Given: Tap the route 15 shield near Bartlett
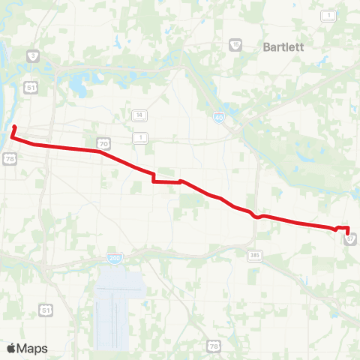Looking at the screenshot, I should [235, 44].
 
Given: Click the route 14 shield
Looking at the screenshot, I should [139, 115].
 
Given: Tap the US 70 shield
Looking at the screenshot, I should [103, 142].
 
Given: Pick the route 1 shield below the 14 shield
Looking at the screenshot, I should [139, 137].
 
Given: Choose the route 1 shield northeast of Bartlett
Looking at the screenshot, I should [328, 15].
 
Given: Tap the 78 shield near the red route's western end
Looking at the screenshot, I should [9, 158].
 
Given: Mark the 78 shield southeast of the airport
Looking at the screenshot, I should [214, 346].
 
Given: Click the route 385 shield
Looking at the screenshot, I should [254, 255].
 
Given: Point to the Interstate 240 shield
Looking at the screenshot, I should [114, 258].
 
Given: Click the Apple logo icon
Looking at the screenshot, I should [11, 348].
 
